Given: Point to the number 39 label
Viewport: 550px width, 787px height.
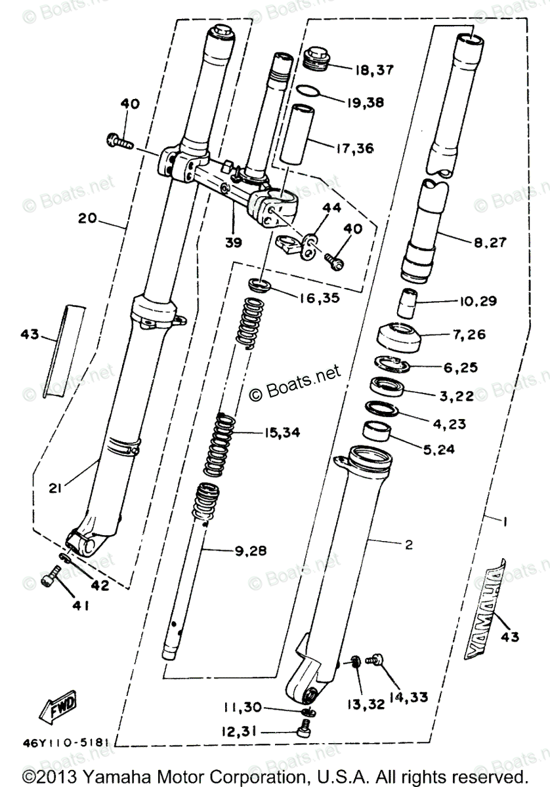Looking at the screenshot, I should (233, 242).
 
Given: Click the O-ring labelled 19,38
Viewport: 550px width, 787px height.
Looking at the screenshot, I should (311, 91).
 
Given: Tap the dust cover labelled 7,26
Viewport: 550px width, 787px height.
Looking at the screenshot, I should (398, 337).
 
